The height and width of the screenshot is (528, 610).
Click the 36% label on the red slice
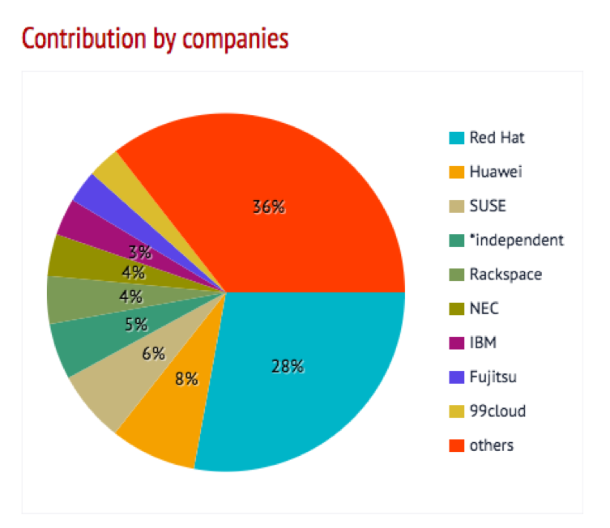click(x=268, y=207)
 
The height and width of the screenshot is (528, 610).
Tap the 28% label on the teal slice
click(x=287, y=366)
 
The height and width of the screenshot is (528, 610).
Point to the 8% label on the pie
click(x=186, y=378)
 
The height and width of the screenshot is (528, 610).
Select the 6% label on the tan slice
click(x=153, y=353)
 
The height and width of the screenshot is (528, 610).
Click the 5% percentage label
click(x=136, y=325)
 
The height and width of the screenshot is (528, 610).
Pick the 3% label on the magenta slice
click(x=140, y=251)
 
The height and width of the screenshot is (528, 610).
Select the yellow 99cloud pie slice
click(x=109, y=169)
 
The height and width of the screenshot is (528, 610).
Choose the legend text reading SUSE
click(x=487, y=206)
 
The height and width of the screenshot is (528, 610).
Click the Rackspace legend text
click(x=505, y=275)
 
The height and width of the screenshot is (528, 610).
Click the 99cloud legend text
click(x=497, y=411)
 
